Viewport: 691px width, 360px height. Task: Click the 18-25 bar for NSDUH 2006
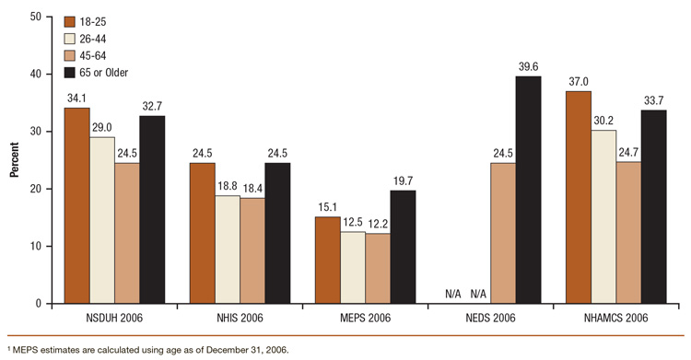76,205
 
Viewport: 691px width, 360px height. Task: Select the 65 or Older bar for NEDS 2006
528,190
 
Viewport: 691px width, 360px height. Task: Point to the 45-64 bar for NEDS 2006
502,233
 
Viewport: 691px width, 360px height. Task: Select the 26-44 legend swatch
69,38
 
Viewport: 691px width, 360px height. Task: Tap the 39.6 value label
528,66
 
